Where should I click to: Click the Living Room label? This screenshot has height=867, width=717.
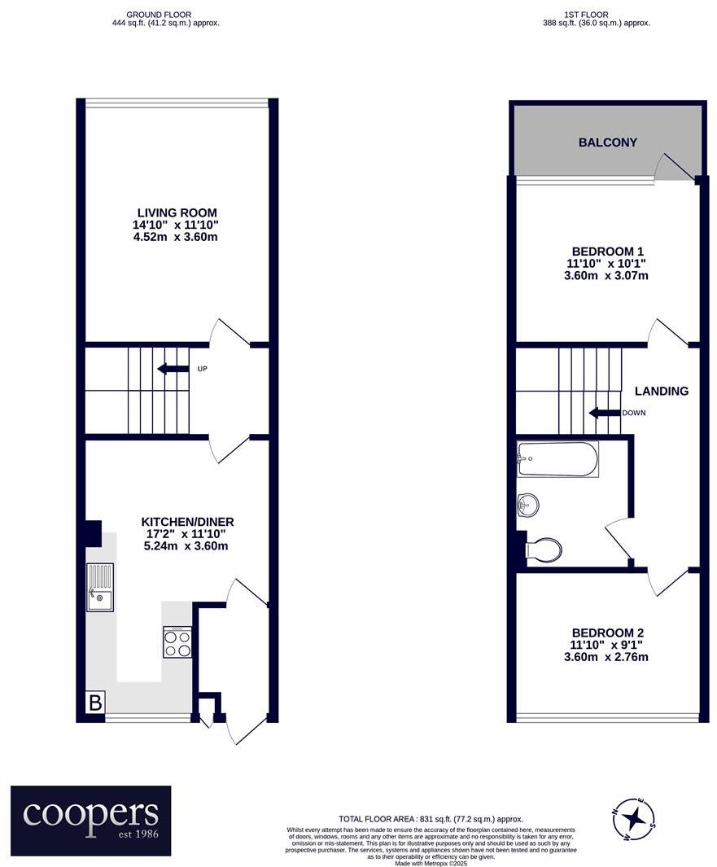[x=177, y=212]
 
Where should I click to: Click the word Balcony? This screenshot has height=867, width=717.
[x=607, y=142]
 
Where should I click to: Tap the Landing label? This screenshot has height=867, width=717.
[x=662, y=391]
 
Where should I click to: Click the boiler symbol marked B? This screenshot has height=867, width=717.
[x=95, y=703]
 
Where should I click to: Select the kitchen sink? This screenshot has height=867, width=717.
[x=100, y=587]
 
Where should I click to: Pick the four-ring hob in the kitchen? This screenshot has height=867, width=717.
[x=177, y=641]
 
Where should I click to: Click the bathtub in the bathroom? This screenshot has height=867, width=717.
[x=558, y=460]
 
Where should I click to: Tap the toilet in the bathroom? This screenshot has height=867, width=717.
[x=543, y=550]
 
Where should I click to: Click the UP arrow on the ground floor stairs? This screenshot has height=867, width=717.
[x=173, y=369]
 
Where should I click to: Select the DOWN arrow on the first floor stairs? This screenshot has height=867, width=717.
[x=604, y=413]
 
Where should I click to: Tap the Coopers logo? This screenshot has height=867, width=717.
[x=90, y=820]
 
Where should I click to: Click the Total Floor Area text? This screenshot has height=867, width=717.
[x=431, y=819]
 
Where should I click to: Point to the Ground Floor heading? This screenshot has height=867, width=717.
[x=165, y=15]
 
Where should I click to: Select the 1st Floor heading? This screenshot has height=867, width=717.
[x=597, y=15]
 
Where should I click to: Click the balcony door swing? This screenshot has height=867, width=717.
[x=674, y=167]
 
